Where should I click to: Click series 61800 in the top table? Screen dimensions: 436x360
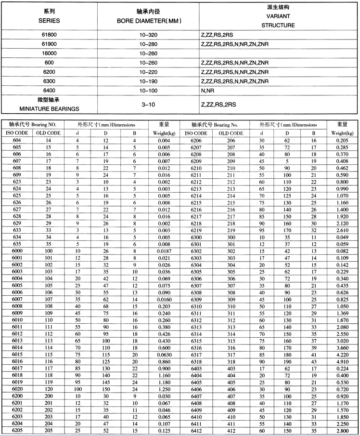tap(49, 35)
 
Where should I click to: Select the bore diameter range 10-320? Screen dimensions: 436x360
tap(148, 35)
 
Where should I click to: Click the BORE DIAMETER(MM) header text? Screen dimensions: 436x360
tap(148, 21)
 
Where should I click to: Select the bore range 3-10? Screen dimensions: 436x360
tap(148, 104)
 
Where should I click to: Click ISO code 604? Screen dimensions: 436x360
tap(17, 140)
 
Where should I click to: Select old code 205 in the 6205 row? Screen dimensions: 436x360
tap(49, 430)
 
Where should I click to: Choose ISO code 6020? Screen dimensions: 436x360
tap(17, 388)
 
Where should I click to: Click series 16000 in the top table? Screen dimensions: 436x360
tap(49, 53)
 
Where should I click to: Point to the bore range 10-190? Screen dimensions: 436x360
tap(148, 81)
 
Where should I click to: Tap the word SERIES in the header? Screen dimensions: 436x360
tap(49, 21)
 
